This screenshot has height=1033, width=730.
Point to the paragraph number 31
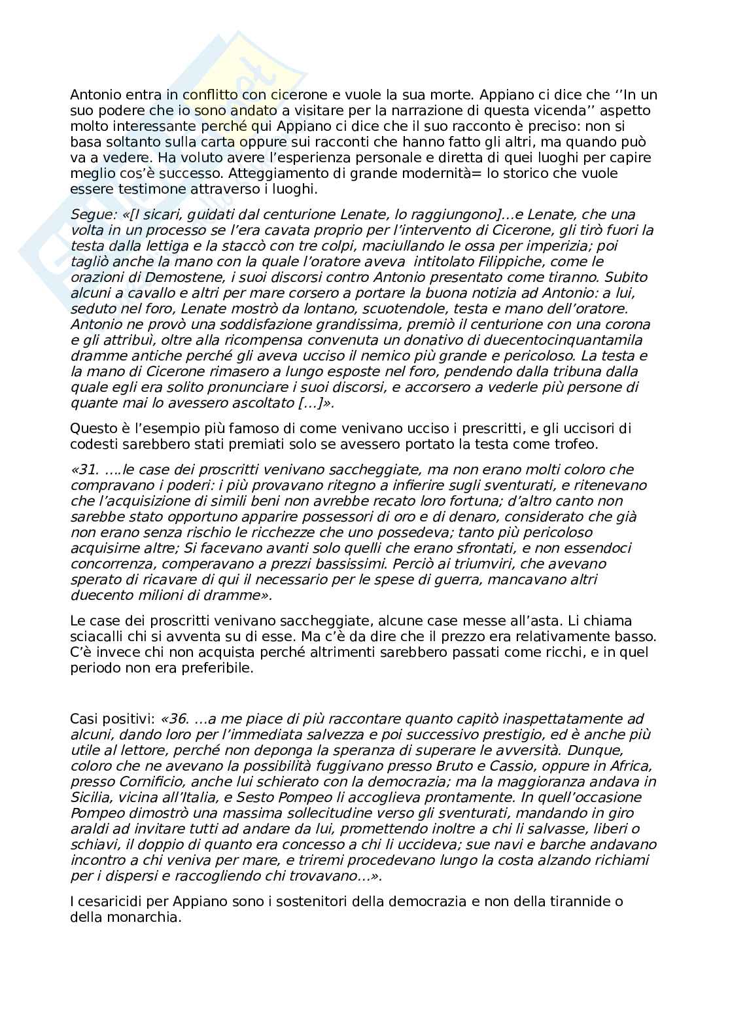(87, 470)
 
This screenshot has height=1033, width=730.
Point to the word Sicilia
(90, 797)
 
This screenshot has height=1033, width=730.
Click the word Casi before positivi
(84, 718)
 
